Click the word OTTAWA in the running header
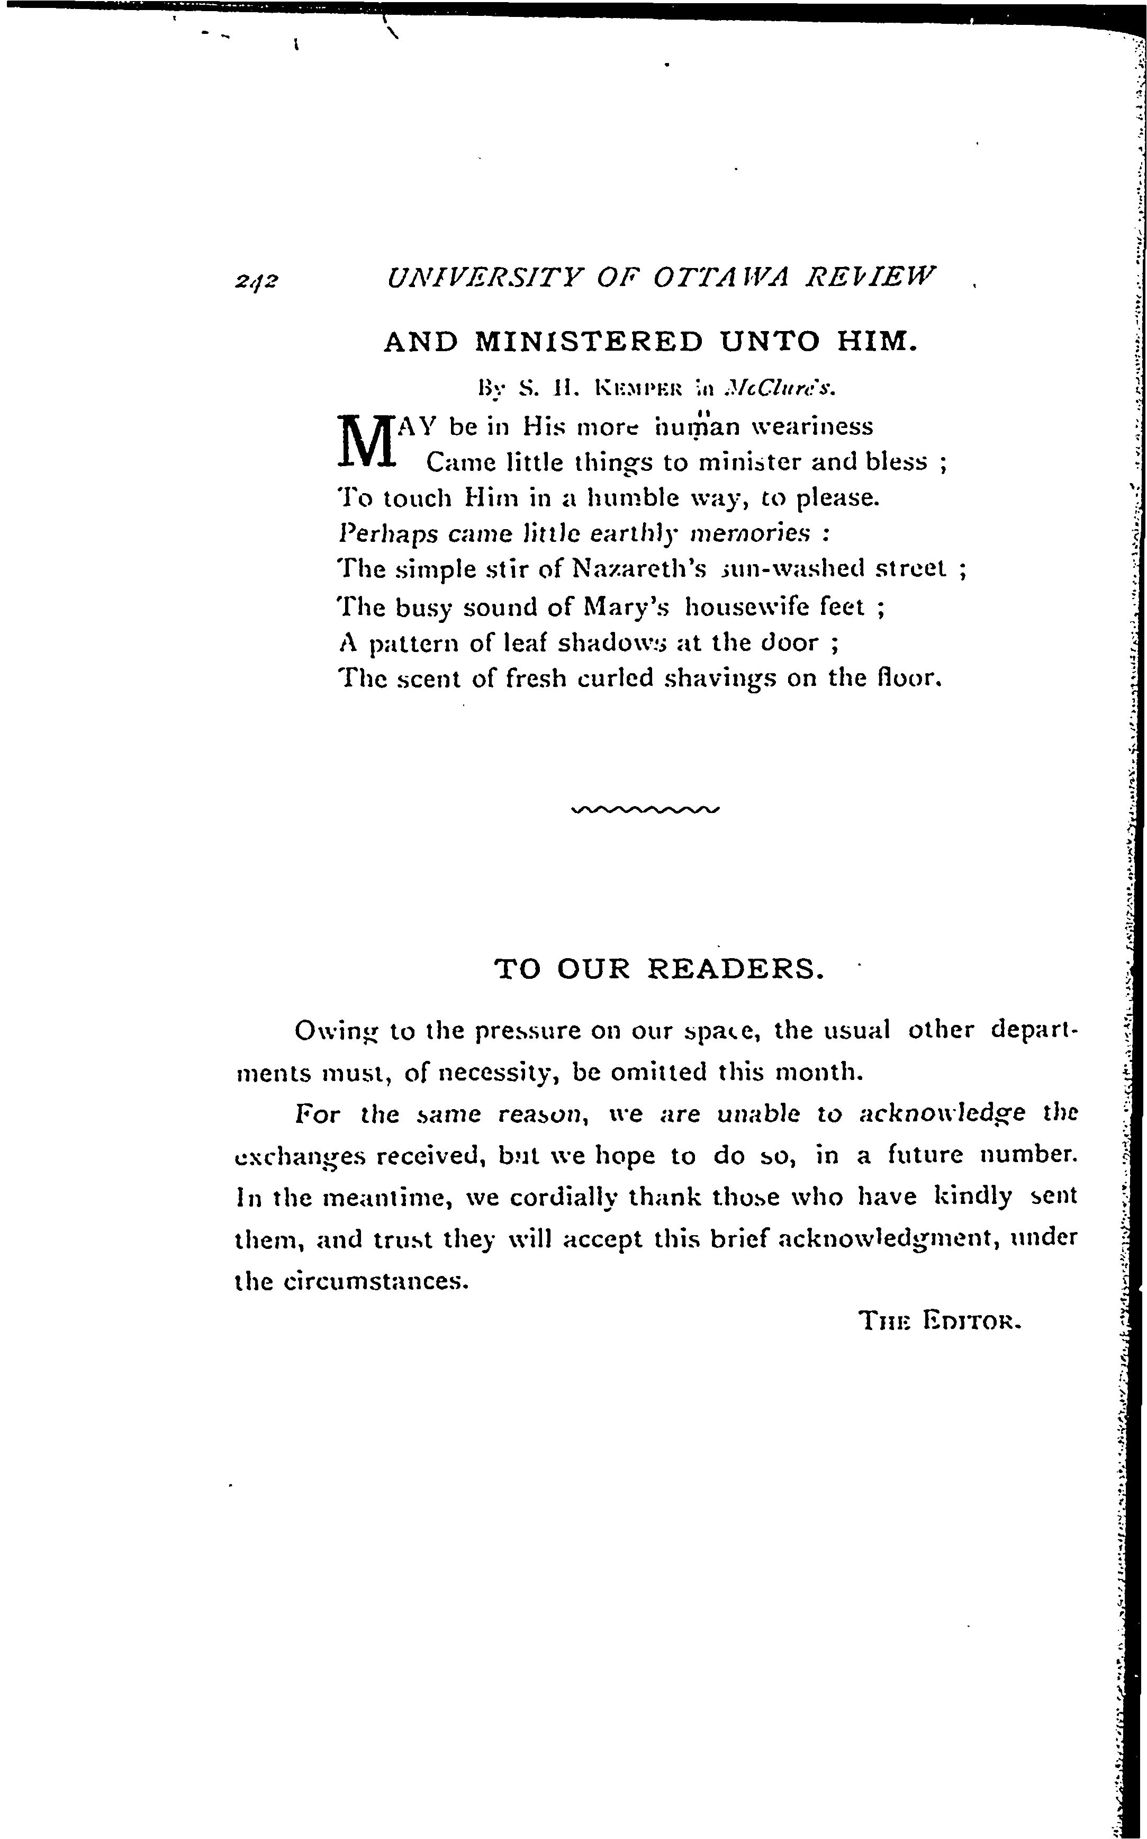720,276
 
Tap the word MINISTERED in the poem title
589,342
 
